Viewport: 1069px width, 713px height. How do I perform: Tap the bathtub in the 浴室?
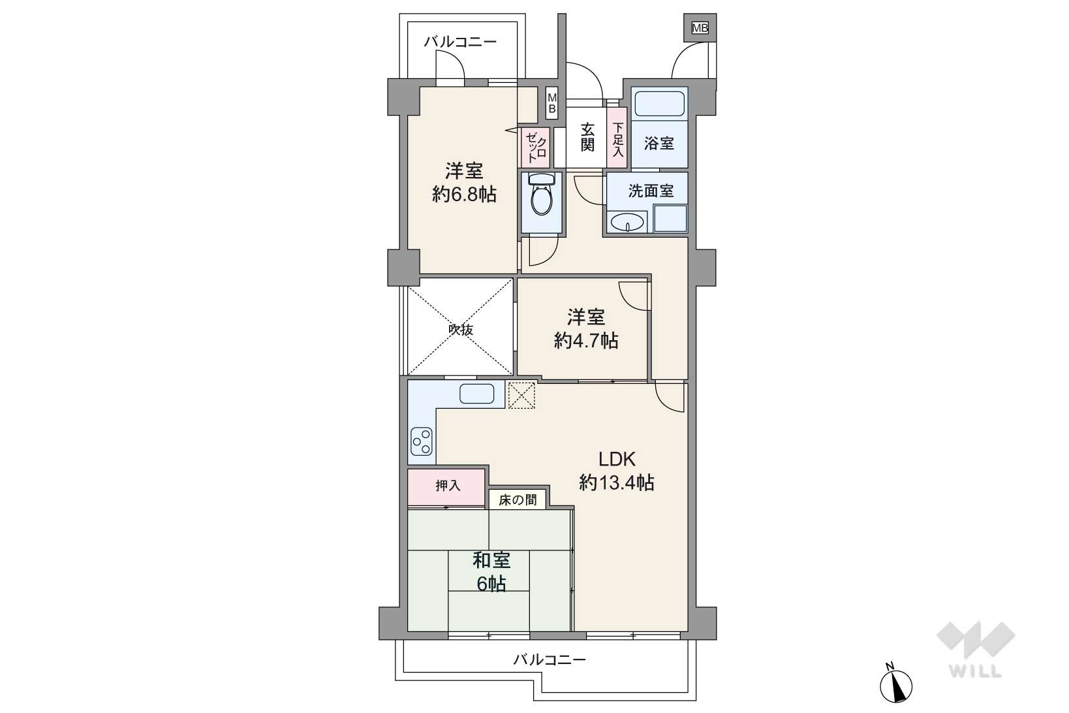point(659,103)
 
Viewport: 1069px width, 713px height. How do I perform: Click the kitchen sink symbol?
point(476,394)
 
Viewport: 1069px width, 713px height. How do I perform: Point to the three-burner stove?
point(421,441)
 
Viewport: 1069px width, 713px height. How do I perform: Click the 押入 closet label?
point(448,486)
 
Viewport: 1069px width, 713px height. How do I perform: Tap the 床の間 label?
point(518,500)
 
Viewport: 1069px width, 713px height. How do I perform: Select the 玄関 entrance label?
point(587,136)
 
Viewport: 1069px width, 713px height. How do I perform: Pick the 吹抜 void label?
point(461,330)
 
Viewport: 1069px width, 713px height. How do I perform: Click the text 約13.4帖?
point(617,483)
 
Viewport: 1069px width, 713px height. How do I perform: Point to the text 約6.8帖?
point(464,194)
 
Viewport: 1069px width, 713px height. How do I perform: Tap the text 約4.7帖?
point(586,340)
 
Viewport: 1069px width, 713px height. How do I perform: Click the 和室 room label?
point(491,560)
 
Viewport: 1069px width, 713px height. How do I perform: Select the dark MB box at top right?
point(700,28)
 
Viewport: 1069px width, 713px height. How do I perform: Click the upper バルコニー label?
point(460,42)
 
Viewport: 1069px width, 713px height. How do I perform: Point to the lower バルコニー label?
point(550,659)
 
